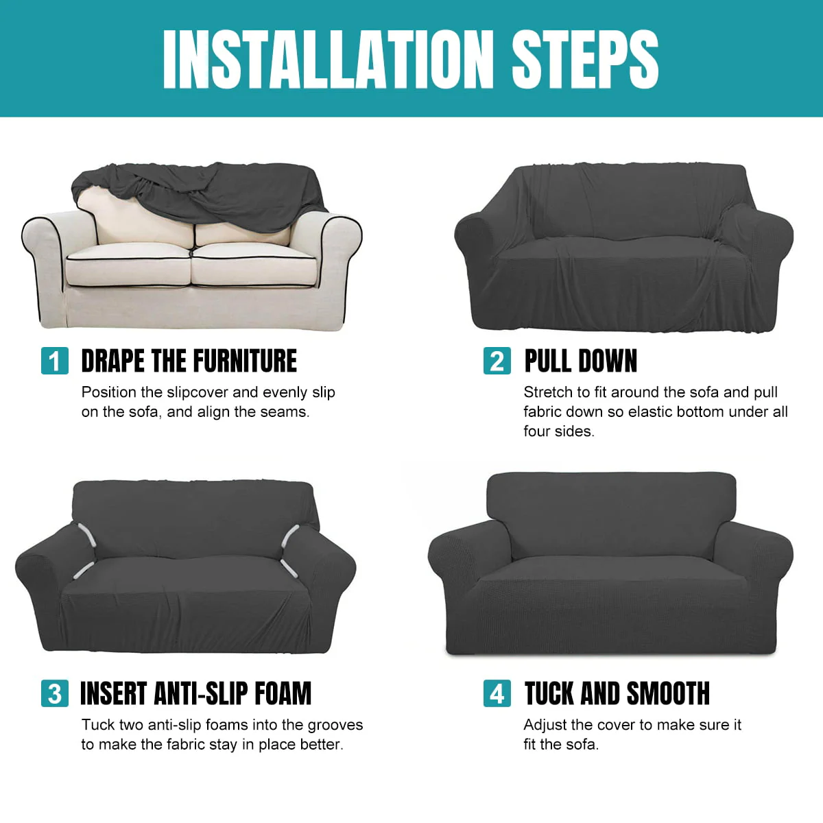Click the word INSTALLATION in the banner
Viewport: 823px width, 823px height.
pyautogui.click(x=328, y=59)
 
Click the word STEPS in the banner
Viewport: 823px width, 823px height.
pyautogui.click(x=585, y=59)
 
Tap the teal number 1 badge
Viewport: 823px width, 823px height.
pyautogui.click(x=55, y=361)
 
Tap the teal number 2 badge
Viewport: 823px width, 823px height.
pyautogui.click(x=497, y=361)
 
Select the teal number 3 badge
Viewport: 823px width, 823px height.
pyautogui.click(x=55, y=693)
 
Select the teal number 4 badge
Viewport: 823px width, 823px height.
pyautogui.click(x=497, y=693)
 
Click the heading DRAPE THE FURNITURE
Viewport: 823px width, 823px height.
pyautogui.click(x=189, y=361)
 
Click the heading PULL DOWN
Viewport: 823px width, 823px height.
pyautogui.click(x=580, y=361)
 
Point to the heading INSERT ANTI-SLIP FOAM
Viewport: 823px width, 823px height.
pyautogui.click(x=196, y=693)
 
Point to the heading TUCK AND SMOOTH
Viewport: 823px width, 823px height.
pyautogui.click(x=617, y=693)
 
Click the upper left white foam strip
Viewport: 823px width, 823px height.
pyautogui.click(x=86, y=534)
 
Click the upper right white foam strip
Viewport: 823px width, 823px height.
pyautogui.click(x=290, y=536)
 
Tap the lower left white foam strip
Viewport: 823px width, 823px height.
pyautogui.click(x=84, y=570)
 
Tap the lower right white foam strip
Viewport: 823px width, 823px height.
pyautogui.click(x=289, y=569)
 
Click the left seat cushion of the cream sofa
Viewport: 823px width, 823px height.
pyautogui.click(x=128, y=265)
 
